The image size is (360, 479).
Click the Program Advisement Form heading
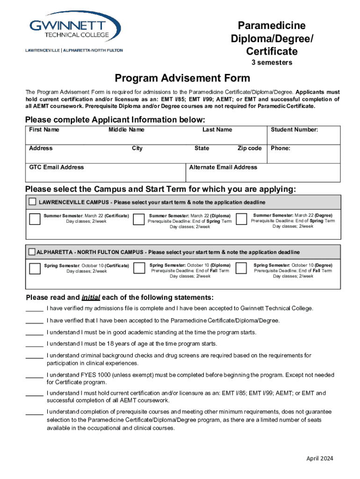pos(182,78)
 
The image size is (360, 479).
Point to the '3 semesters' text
pos(270,62)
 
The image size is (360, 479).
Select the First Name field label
pos(44,130)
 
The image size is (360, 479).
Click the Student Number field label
pos(295,130)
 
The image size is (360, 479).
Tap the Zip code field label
pos(249,148)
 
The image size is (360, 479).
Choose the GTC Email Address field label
pos(57,167)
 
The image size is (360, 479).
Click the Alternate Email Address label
pos(223,167)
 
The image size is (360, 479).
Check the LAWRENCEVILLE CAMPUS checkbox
pos(32,202)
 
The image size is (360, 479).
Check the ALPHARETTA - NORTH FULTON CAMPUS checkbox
pos(32,252)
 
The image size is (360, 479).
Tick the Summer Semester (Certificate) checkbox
pos(35,219)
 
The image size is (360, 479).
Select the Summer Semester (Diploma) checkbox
pos(138,219)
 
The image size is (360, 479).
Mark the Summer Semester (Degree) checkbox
pos(241,219)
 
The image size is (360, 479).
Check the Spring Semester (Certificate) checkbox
pos(35,269)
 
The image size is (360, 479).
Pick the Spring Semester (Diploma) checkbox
pos(138,268)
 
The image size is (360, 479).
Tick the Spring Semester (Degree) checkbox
pos(241,268)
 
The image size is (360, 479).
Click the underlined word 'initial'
pos(91,298)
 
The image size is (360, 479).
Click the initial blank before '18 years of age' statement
pos(35,344)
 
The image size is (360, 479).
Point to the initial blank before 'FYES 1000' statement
pos(35,376)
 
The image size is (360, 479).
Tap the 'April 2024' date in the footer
pos(320,458)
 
